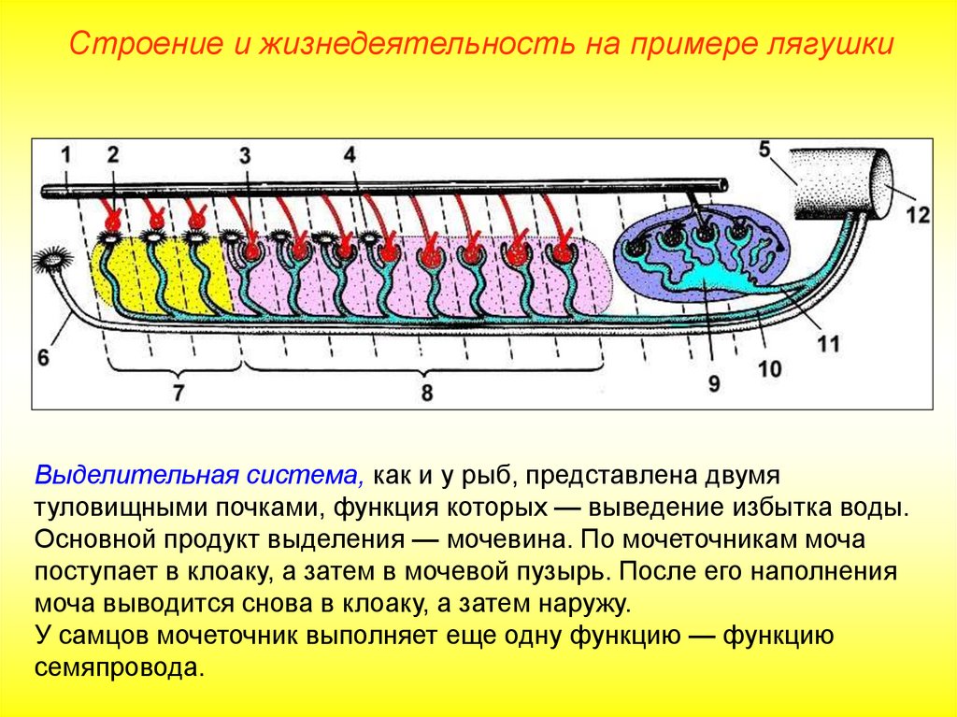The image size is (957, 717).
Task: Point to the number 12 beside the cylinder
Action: click(918, 215)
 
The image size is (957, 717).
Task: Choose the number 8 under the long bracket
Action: click(427, 394)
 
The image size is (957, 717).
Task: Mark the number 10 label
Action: click(768, 369)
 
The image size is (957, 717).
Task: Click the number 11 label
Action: click(827, 344)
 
